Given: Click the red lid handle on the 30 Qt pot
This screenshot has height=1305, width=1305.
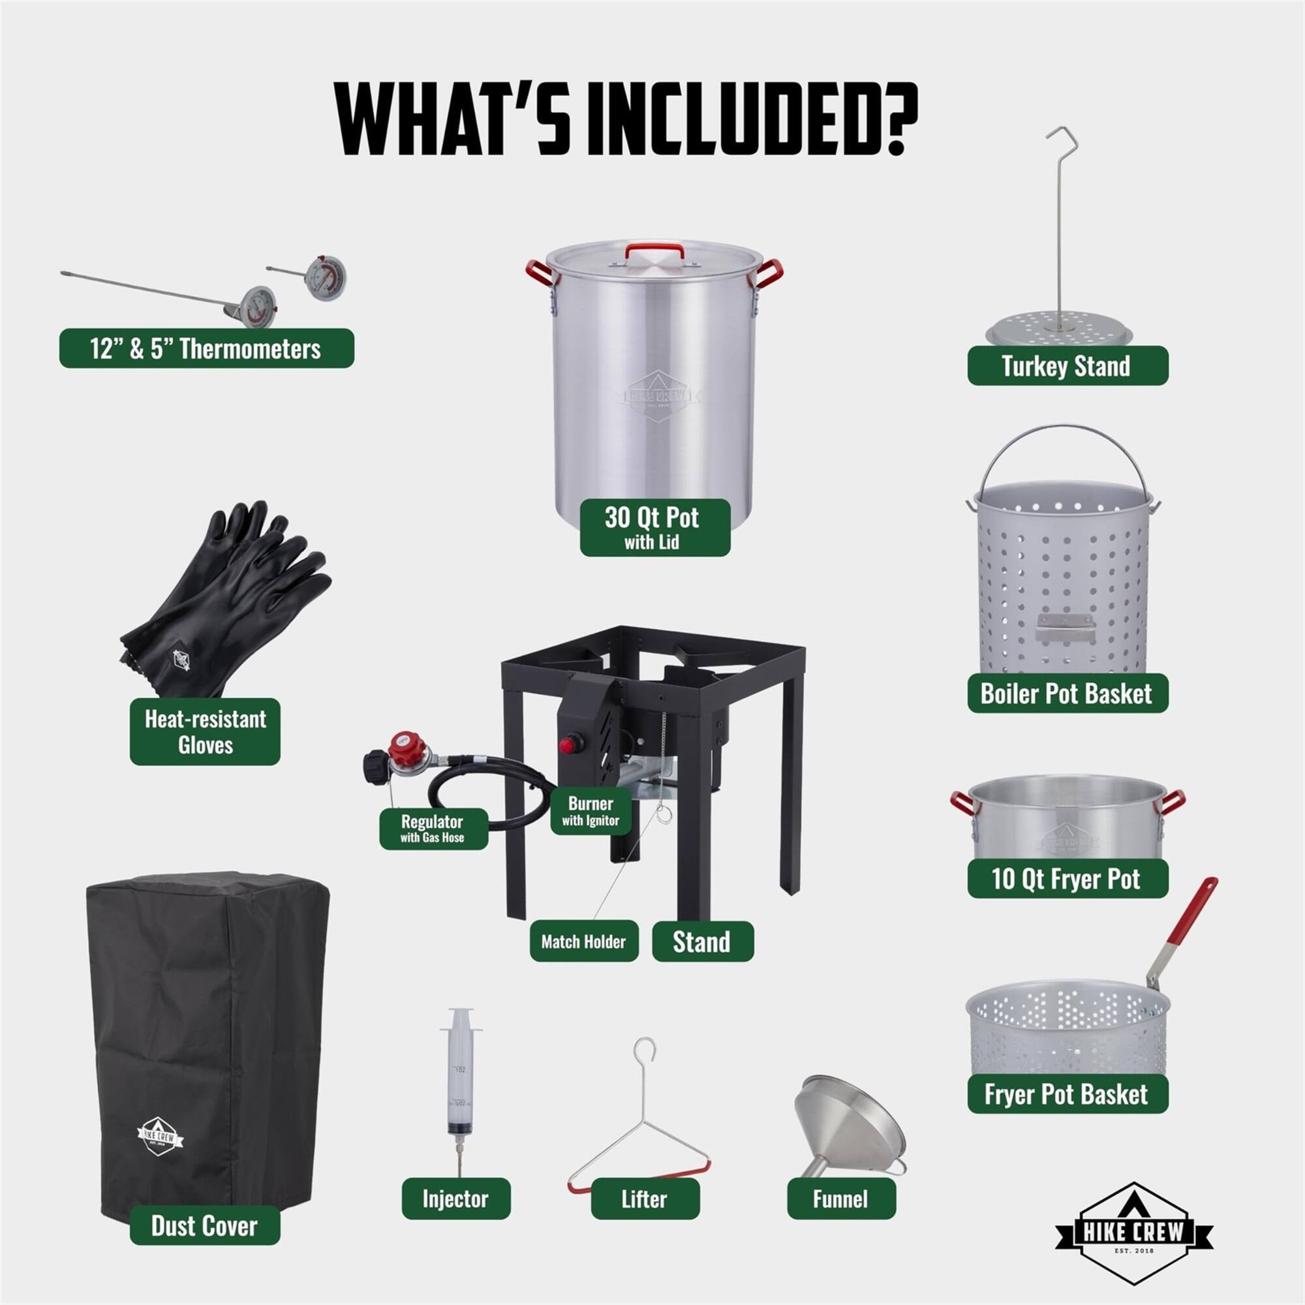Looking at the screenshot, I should pos(653,250).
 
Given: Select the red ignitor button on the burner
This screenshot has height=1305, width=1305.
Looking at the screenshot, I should pos(571,745).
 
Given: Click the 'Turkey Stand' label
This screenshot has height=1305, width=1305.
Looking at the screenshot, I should pos(1067,365).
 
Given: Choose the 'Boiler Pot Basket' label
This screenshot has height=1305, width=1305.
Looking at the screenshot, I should pos(1067,693).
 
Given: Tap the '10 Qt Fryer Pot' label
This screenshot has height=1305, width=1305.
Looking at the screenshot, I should pos(1067,878).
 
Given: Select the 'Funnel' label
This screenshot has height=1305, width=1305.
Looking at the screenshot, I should pos(841,1199).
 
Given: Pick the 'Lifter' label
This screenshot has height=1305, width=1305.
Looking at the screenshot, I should pos(645,1199).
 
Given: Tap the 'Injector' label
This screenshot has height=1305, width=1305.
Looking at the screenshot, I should pos(456,1199).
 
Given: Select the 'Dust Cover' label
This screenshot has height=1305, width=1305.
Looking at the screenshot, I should pos(205,1225).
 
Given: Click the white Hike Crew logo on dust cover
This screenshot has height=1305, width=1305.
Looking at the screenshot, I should pos(159,1136).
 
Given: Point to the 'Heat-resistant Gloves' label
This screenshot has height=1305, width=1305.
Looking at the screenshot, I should pos(206,731).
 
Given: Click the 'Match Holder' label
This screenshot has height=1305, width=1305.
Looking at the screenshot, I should pos(583,941).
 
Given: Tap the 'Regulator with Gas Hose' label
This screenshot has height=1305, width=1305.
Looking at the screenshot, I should pos(433,828).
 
